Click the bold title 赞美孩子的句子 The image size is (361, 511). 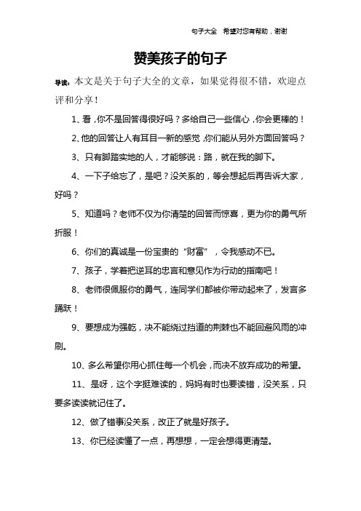tap(181, 58)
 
